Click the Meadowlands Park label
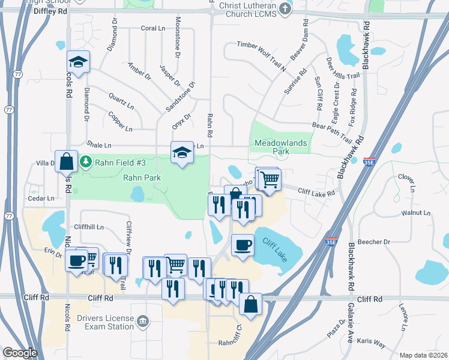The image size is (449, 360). pos(280,147)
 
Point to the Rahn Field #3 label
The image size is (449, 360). pos(124,161)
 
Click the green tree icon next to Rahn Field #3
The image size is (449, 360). pos(86,161)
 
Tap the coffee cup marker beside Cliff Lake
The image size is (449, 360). pos(243,245)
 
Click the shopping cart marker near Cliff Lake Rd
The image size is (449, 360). pos(270,178)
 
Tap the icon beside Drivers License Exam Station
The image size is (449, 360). pos(143,321)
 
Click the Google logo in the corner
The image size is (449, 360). pos(20,353)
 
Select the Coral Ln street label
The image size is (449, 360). pos(152,28)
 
